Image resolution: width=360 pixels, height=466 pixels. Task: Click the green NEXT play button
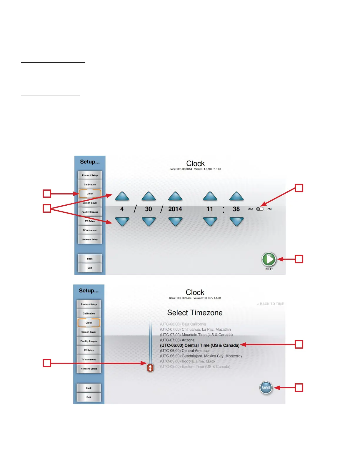click(x=269, y=259)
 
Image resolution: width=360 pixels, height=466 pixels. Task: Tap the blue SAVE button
click(x=266, y=388)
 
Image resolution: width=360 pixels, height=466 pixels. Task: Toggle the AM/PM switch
click(x=260, y=209)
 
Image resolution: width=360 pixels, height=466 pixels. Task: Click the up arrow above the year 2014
click(x=175, y=196)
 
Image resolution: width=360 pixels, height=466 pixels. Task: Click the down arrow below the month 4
click(x=122, y=221)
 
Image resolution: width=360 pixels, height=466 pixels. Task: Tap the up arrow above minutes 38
click(x=236, y=196)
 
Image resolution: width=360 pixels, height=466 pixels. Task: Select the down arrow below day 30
click(x=149, y=221)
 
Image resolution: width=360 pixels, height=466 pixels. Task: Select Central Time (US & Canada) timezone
click(x=199, y=345)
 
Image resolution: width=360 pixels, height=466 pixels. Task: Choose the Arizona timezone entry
click(x=177, y=340)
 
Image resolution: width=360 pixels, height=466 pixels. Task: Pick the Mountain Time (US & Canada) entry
click(x=196, y=335)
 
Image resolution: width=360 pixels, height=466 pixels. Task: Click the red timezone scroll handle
click(x=150, y=368)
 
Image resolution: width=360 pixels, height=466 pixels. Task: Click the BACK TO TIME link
click(x=271, y=304)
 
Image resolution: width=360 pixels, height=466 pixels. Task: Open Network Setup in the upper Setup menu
click(x=90, y=239)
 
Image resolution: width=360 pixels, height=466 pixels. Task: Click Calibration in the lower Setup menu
click(x=89, y=314)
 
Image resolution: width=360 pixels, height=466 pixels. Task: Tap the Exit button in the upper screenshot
click(x=90, y=268)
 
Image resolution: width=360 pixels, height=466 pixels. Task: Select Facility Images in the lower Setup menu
click(x=89, y=341)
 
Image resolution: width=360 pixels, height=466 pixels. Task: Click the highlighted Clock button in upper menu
click(x=90, y=194)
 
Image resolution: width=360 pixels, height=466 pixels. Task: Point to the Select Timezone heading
click(x=195, y=313)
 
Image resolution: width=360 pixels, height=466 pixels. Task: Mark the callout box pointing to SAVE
click(x=299, y=388)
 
